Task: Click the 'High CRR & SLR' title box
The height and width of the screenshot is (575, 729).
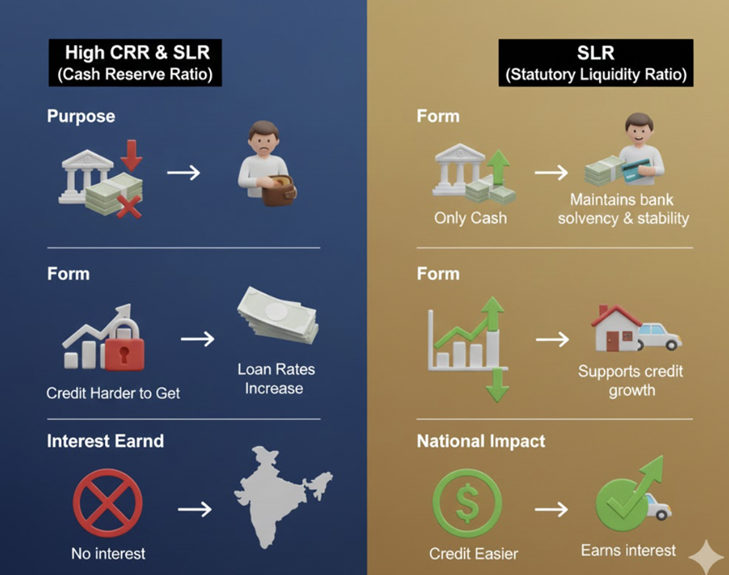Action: (137, 62)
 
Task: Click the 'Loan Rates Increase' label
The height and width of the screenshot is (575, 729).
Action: (275, 378)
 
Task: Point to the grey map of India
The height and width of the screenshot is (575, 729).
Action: (279, 501)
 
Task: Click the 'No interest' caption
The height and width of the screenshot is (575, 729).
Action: (108, 553)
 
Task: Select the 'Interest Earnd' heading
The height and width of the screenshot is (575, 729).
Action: (106, 441)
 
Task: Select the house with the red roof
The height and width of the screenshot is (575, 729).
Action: (617, 327)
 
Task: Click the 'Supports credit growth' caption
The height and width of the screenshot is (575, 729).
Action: (631, 380)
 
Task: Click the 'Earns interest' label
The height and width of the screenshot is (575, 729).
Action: (627, 550)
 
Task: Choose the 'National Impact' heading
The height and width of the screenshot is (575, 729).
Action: (481, 441)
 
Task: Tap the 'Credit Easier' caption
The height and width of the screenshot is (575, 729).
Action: (473, 553)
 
